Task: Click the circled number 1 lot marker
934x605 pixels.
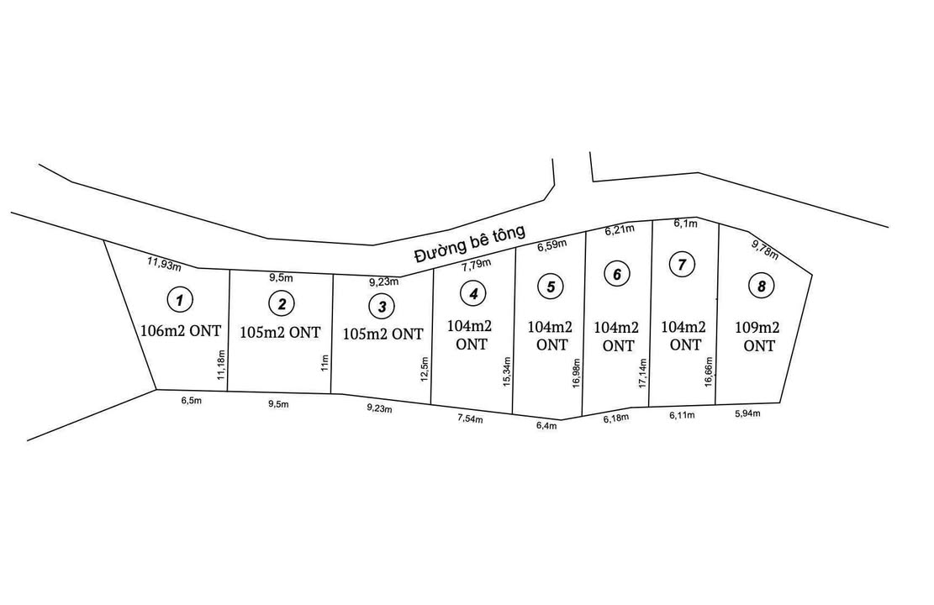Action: pyautogui.click(x=179, y=298)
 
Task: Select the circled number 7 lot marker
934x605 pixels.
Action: pyautogui.click(x=682, y=265)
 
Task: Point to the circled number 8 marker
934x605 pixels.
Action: pyautogui.click(x=761, y=286)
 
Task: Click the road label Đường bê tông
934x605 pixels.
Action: pyautogui.click(x=470, y=244)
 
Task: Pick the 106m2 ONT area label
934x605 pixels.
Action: pyautogui.click(x=181, y=330)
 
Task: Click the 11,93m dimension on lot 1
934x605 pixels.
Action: pyautogui.click(x=164, y=264)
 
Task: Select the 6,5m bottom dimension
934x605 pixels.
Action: pyautogui.click(x=192, y=402)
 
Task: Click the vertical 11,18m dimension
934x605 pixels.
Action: pyautogui.click(x=221, y=366)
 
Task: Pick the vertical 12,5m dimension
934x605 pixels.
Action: pyautogui.click(x=424, y=368)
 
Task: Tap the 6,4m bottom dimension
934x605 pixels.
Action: pyautogui.click(x=546, y=426)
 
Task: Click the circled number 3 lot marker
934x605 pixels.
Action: pyautogui.click(x=382, y=306)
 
